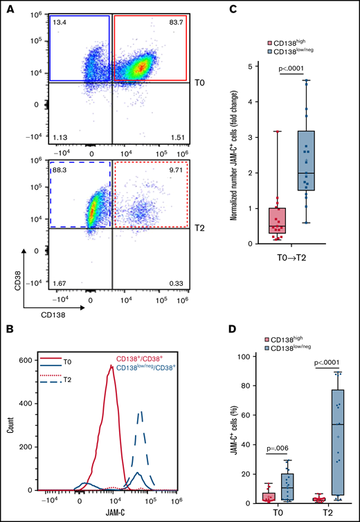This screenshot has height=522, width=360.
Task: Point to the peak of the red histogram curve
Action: (111, 366)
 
